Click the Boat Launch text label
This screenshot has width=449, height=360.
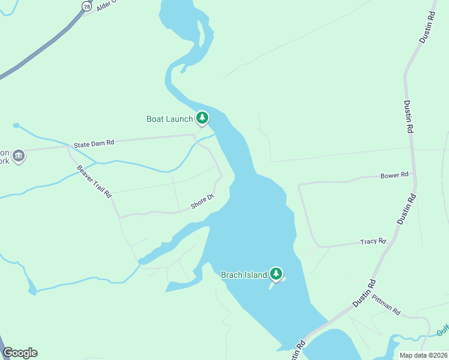pos(170,119)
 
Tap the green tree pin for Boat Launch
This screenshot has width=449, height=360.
pos(203,118)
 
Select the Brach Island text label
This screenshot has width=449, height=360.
pos(244,275)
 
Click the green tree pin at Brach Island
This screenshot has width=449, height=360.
pos(276,274)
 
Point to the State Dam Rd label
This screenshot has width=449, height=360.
pos(94,144)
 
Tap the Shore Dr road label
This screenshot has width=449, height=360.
pos(202,202)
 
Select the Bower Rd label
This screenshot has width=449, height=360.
pos(394,175)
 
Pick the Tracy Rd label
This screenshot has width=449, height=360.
pos(373,241)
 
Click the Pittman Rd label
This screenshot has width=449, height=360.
pos(385,304)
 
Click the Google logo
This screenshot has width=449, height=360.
pos(20,353)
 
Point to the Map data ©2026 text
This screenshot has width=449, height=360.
pos(423,355)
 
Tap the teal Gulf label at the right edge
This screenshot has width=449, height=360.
pos(442,329)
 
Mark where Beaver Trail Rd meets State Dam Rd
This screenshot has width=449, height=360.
pos(68,147)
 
